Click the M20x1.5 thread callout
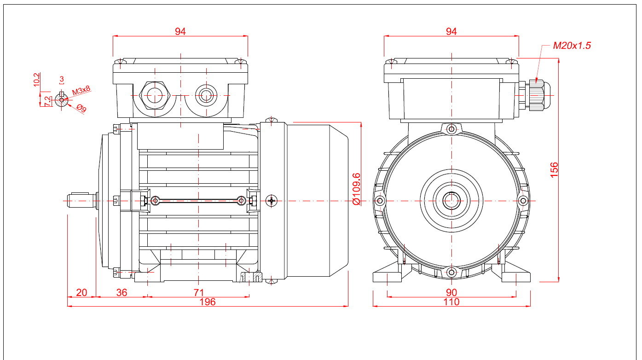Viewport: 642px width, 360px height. point(572,46)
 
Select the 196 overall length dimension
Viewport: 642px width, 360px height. point(208,302)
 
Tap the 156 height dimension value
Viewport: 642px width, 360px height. point(554,170)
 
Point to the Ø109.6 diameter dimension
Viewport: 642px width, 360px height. point(356,189)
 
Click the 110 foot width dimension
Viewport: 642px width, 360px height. point(451,302)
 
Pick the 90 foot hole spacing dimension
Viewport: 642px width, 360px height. point(451,293)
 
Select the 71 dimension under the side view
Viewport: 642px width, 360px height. point(199,293)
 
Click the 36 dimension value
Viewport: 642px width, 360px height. point(121,293)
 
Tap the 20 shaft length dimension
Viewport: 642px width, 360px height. point(81,293)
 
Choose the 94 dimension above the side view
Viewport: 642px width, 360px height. point(180,31)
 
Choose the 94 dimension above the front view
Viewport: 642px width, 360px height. point(451,31)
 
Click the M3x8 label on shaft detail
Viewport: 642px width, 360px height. point(81,91)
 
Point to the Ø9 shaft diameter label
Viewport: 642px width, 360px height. point(81,108)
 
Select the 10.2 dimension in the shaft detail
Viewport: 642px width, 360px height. point(37,80)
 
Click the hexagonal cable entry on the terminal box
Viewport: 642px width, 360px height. point(155,95)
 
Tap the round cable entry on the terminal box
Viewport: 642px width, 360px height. point(206,95)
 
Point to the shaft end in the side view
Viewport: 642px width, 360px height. point(81,201)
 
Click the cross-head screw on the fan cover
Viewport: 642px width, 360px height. point(272,201)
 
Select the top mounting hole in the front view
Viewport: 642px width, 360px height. point(451,129)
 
